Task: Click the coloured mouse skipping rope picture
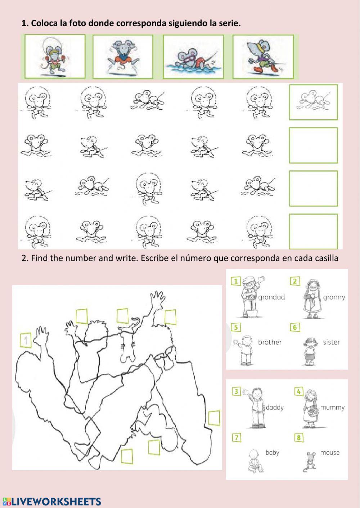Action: tap(55, 56)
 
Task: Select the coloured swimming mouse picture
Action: tap(193, 57)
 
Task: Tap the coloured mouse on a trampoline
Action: tap(123, 57)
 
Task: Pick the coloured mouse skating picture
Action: tap(263, 57)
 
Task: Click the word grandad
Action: tap(271, 297)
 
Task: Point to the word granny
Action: tap(334, 297)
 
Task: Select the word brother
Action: tap(270, 342)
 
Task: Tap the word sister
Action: tap(332, 342)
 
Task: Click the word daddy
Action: tap(275, 408)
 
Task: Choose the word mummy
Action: tap(332, 408)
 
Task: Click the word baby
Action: tap(272, 453)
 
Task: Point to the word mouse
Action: tap(330, 453)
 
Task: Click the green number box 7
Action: tap(237, 438)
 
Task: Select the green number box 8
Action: tap(299, 438)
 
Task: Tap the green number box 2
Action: tap(295, 281)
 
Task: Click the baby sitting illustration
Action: tap(255, 461)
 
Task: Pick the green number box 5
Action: tap(236, 327)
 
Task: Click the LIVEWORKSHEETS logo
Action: tap(51, 501)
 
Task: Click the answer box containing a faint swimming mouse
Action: tap(314, 102)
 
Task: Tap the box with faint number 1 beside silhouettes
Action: tap(26, 340)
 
